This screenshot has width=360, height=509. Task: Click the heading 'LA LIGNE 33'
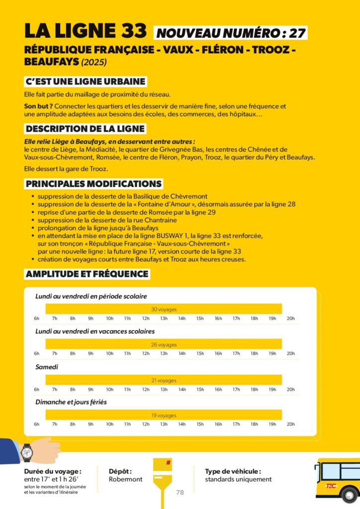tap(86, 31)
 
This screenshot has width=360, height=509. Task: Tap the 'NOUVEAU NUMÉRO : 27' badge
tap(230, 33)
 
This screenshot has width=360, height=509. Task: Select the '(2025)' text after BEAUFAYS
tap(94, 63)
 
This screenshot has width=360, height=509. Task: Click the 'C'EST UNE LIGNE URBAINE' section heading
tap(86, 82)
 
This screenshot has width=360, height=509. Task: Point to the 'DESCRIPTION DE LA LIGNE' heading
tap(85, 129)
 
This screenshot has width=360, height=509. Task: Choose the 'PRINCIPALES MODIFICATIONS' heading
tap(93, 184)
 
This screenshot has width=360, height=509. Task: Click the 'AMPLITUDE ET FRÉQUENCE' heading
tap(87, 274)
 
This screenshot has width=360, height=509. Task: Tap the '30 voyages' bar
tap(164, 309)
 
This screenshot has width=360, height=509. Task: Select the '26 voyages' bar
tap(164, 344)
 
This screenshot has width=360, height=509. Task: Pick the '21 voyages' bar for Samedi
tap(164, 380)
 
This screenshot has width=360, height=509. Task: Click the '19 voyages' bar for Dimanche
tap(164, 415)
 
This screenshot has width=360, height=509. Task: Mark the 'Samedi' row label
tap(47, 367)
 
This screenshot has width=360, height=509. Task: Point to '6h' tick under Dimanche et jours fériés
tap(37, 424)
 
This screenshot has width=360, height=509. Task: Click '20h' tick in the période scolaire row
tap(290, 318)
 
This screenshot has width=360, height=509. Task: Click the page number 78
tap(180, 493)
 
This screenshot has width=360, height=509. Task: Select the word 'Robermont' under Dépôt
tap(126, 479)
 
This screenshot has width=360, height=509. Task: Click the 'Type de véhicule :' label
tap(233, 471)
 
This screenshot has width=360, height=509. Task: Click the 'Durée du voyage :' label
tap(53, 471)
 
